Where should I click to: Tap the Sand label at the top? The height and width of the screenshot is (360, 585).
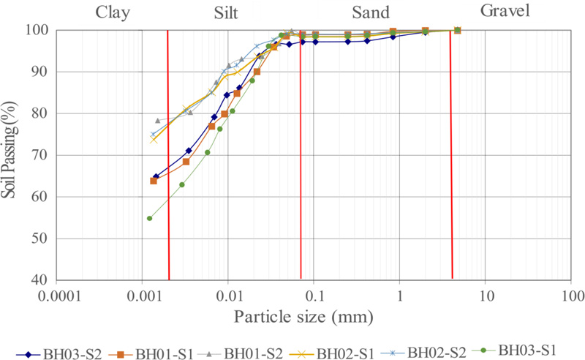[370, 12]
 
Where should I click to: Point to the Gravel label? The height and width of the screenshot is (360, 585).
[505, 10]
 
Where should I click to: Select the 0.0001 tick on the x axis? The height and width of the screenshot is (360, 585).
[56, 297]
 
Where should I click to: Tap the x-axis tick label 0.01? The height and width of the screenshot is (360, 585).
[228, 297]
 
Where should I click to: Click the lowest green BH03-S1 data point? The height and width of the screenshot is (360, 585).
[149, 218]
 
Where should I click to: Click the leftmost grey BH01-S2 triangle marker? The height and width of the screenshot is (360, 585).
[157, 120]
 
